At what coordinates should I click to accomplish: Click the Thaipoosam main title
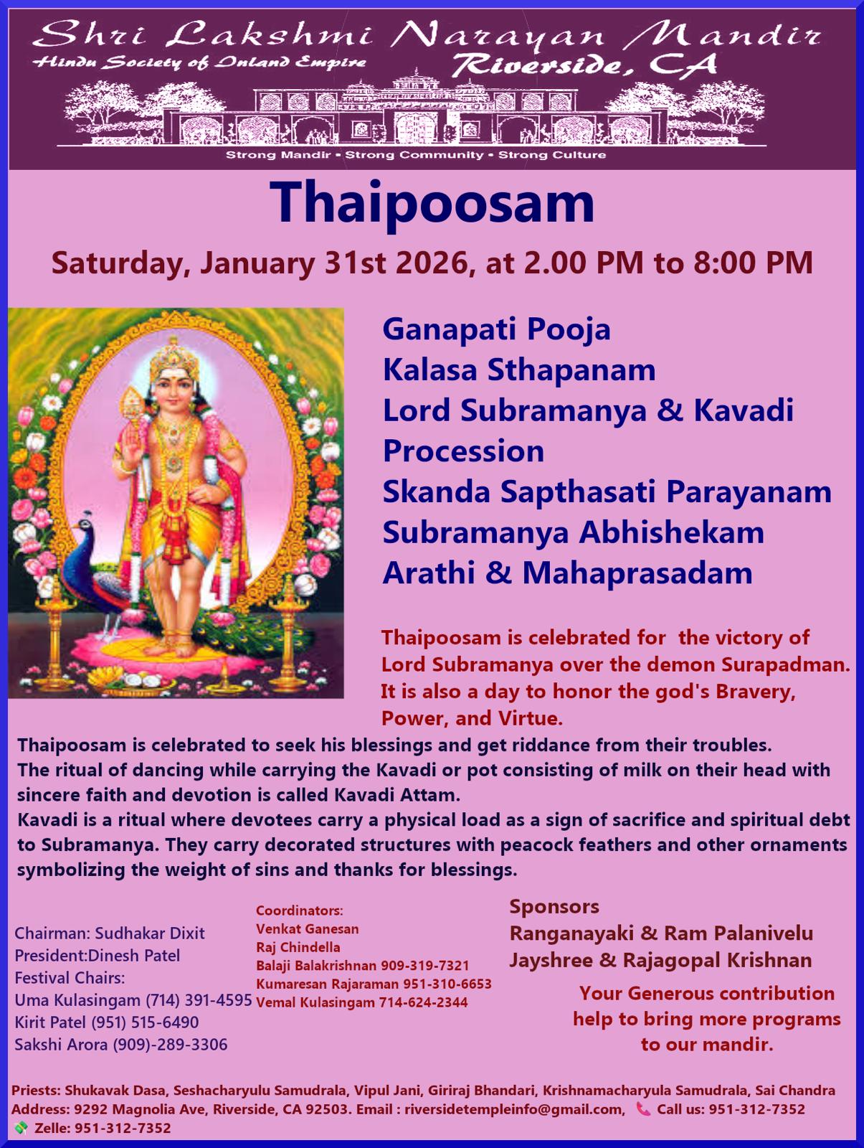pyautogui.click(x=432, y=203)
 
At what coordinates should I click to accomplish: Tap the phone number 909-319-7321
pyautogui.click(x=424, y=966)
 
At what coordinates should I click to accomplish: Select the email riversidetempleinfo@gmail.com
pyautogui.click(x=514, y=1109)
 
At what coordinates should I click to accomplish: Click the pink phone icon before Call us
pyautogui.click(x=643, y=1109)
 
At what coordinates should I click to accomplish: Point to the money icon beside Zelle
pyautogui.click(x=21, y=1128)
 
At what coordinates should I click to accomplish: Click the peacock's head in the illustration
pyautogui.click(x=84, y=523)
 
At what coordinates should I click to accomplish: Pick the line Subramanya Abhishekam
pyautogui.click(x=574, y=534)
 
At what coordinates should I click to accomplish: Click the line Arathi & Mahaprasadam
pyautogui.click(x=567, y=573)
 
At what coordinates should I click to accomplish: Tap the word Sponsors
pyautogui.click(x=554, y=906)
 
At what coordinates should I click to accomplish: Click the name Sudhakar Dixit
pyautogui.click(x=150, y=933)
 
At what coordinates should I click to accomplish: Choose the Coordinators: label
pyautogui.click(x=300, y=911)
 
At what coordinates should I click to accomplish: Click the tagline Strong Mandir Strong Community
pyautogui.click(x=356, y=155)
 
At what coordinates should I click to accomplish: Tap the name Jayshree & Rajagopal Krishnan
pyautogui.click(x=660, y=961)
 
